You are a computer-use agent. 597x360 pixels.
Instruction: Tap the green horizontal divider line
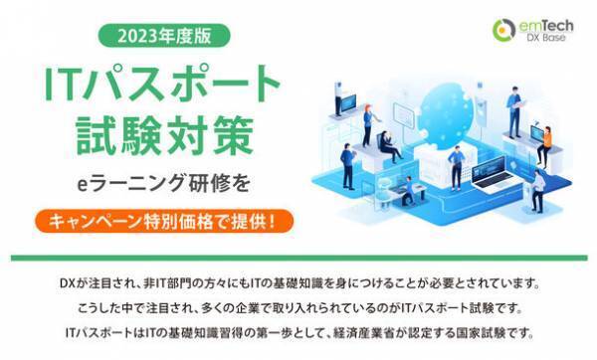(298, 257)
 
